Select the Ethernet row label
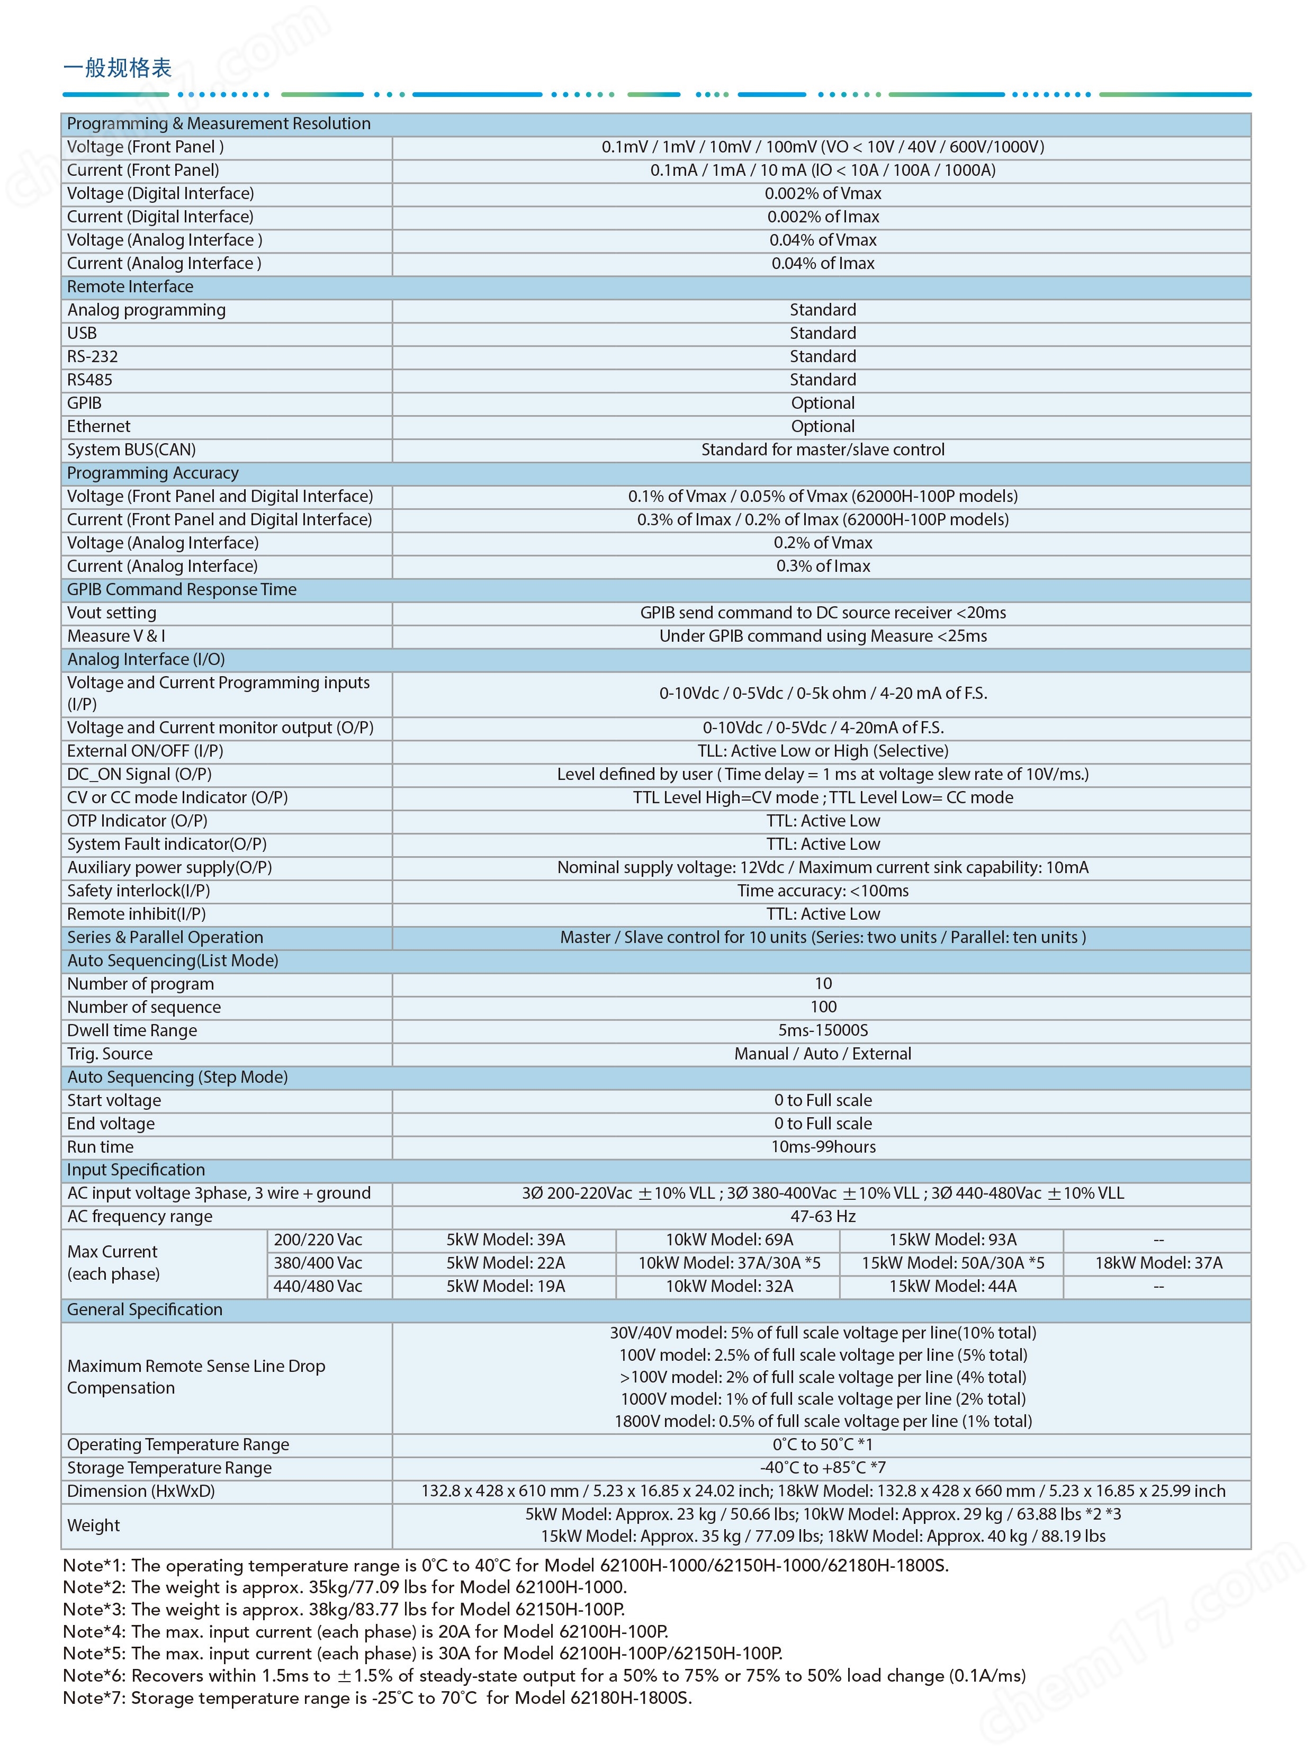click(99, 426)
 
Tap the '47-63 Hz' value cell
click(822, 1216)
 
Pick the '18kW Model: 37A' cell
click(1158, 1263)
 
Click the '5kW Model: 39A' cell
click(505, 1240)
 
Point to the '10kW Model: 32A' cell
click(729, 1286)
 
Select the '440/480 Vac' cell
click(317, 1286)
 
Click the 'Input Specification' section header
click(136, 1169)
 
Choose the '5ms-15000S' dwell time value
click(822, 1030)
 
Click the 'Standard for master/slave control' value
click(822, 450)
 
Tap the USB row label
click(82, 333)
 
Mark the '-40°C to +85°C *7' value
click(822, 1467)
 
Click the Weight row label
click(93, 1524)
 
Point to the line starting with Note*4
click(366, 1631)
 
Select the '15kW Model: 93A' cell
click(952, 1240)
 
